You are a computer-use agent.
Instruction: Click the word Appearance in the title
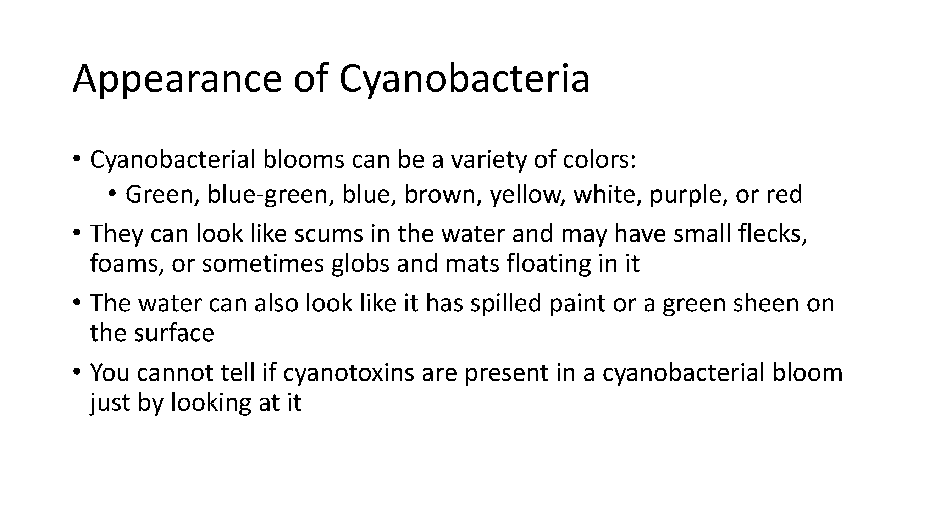coord(177,79)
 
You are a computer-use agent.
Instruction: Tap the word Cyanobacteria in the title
coord(464,79)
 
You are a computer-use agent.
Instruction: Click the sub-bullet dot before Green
coord(112,194)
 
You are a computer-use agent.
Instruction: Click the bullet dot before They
coord(76,232)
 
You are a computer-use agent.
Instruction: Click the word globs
coord(360,263)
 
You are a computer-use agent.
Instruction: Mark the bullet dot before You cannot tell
coord(76,372)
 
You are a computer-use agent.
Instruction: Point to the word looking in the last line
coord(210,403)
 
